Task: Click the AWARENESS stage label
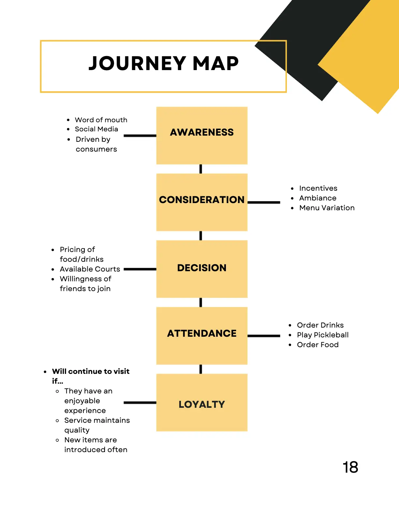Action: click(202, 132)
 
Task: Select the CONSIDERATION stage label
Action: click(202, 199)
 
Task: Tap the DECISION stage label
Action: click(202, 268)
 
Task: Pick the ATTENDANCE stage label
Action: click(202, 333)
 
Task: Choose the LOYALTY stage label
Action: click(202, 404)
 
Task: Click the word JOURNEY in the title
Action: click(137, 63)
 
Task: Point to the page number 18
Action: click(350, 467)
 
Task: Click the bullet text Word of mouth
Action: click(101, 120)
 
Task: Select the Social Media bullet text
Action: click(96, 129)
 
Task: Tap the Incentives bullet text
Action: click(318, 188)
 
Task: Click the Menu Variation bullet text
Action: click(327, 208)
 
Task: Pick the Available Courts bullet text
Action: click(90, 269)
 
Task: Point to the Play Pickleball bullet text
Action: click(323, 335)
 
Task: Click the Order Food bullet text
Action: click(318, 345)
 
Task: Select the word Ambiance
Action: click(318, 198)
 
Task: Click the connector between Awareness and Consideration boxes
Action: click(201, 169)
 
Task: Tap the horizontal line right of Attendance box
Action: click(264, 336)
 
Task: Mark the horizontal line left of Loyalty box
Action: click(140, 403)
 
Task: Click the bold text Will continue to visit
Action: click(91, 372)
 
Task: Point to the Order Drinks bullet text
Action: click(320, 325)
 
